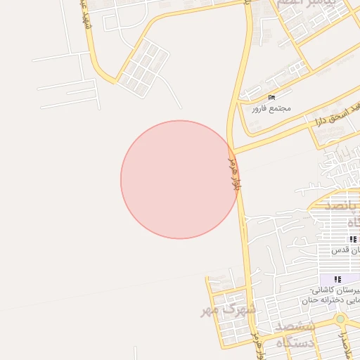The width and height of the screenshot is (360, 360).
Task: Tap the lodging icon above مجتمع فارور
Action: point(272,97)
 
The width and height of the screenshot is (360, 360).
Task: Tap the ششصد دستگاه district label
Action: point(295,335)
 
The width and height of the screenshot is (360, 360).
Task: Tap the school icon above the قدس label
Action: point(352,239)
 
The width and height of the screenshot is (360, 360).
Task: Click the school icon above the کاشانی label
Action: point(337,279)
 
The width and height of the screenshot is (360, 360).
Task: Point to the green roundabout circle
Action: point(340,319)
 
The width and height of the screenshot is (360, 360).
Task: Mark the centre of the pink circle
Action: point(179,179)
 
